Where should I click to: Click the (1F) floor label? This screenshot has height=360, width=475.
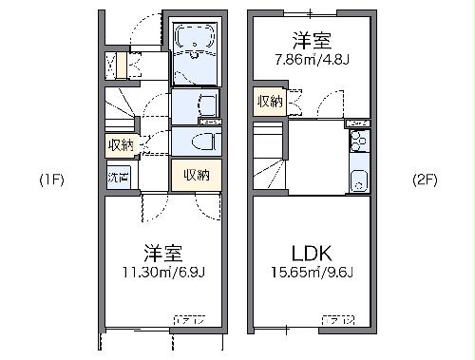click(50, 180)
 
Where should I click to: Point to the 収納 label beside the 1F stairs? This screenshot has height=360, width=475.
click(120, 144)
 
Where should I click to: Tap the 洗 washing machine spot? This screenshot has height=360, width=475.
click(118, 177)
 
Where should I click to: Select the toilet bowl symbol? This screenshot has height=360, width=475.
click(202, 141)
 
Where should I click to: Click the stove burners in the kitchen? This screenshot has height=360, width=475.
click(357, 143)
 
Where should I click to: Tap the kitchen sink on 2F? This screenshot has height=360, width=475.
click(359, 179)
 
